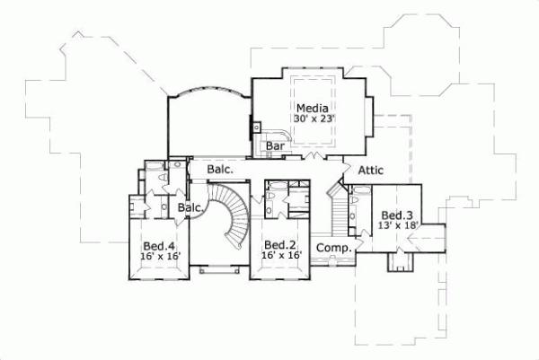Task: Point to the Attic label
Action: pyautogui.click(x=372, y=170)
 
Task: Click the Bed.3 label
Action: pyautogui.click(x=396, y=215)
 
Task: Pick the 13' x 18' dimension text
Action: pyautogui.click(x=397, y=226)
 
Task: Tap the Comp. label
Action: pyautogui.click(x=334, y=247)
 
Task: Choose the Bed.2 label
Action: pyautogui.click(x=279, y=245)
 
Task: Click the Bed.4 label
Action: pyautogui.click(x=160, y=246)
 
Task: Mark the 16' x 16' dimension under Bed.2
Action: pyautogui.click(x=280, y=256)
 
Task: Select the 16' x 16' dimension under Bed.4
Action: pyautogui.click(x=161, y=257)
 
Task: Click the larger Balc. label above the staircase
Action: pyautogui.click(x=220, y=168)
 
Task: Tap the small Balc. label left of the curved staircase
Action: pyautogui.click(x=190, y=207)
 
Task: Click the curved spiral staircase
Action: pyautogui.click(x=232, y=215)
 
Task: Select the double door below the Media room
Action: pyautogui.click(x=312, y=158)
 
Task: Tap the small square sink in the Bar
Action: pyautogui.click(x=257, y=127)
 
